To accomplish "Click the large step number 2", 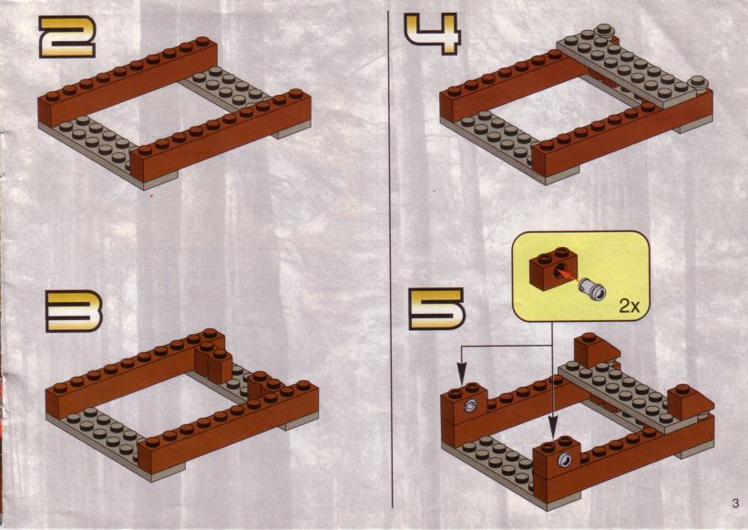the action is coord(67,37).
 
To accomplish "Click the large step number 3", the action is coord(74,312).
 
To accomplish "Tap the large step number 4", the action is coord(433,34).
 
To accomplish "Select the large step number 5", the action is coord(437,309).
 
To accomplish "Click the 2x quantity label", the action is coord(630,306).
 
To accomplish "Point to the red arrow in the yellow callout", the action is coord(567,276).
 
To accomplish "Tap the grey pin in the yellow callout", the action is coord(592,290).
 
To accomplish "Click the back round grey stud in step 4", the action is coord(604,30).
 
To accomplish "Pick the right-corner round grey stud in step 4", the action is coord(699,82).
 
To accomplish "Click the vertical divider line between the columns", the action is coord(391,259).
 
